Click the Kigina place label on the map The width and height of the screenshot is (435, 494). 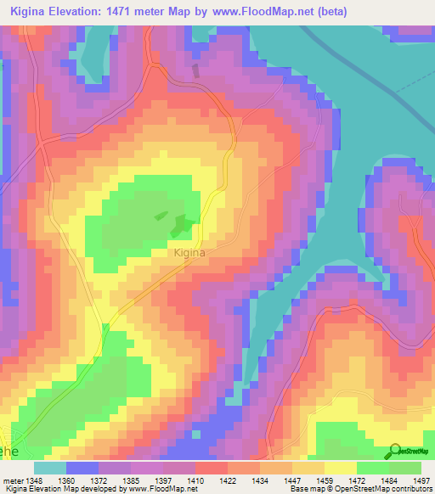point(190,252)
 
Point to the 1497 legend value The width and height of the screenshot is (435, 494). point(421,480)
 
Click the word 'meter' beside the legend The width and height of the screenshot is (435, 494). point(13,480)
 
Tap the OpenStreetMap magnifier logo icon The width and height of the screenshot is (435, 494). point(396,451)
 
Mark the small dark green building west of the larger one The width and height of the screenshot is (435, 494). point(161,215)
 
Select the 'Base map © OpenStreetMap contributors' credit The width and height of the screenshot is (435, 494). point(359,489)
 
